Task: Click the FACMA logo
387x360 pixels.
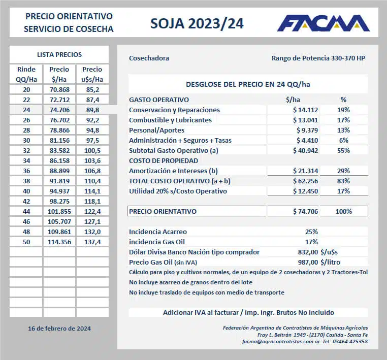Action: (x=323, y=23)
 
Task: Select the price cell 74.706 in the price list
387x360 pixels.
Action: (x=59, y=109)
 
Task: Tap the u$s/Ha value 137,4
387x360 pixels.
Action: (x=92, y=242)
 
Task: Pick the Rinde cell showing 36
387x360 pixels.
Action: (x=26, y=171)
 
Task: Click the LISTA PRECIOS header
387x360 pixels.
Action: (x=59, y=54)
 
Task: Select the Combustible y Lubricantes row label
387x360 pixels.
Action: (x=170, y=120)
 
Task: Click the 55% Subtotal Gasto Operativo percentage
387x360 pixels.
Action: (x=343, y=150)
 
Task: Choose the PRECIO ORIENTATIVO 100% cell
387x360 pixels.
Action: (x=343, y=211)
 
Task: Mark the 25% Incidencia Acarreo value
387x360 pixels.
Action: (x=311, y=232)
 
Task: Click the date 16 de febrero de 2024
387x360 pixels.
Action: (x=59, y=329)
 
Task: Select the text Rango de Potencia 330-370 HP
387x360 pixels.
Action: (x=318, y=58)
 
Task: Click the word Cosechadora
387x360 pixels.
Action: (x=149, y=58)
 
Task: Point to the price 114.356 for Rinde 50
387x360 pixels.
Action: (x=59, y=242)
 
